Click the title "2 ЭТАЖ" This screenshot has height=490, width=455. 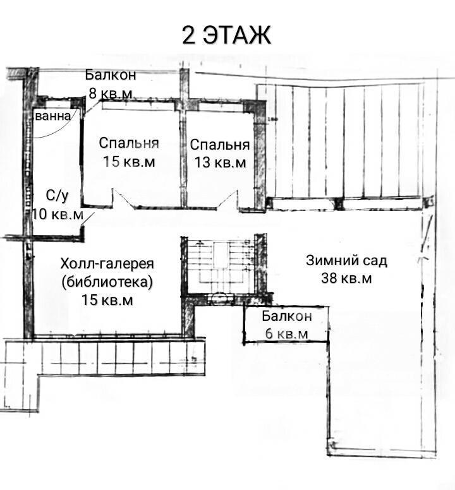[x=226, y=35]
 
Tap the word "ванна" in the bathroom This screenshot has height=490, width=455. [x=52, y=116]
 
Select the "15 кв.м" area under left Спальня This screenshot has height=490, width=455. [x=129, y=162]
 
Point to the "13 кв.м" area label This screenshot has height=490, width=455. [x=220, y=162]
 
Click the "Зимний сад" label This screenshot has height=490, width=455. [x=346, y=260]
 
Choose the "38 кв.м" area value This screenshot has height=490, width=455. [x=346, y=278]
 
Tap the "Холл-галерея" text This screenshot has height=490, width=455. [x=107, y=263]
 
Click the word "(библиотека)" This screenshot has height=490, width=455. [x=107, y=282]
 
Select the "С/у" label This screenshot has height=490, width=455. [x=57, y=196]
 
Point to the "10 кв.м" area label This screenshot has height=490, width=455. [x=58, y=215]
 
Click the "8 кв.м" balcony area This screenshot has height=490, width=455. [x=111, y=93]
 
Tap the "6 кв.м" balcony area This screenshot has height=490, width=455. [x=286, y=334]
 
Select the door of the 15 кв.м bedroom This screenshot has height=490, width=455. [x=123, y=198]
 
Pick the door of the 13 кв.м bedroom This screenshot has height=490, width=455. [x=227, y=200]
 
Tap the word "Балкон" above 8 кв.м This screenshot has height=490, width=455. [x=111, y=75]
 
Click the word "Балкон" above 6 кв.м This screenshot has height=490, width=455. [x=287, y=316]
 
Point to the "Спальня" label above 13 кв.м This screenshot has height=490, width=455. [x=220, y=145]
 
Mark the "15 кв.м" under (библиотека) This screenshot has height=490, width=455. [x=107, y=300]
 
